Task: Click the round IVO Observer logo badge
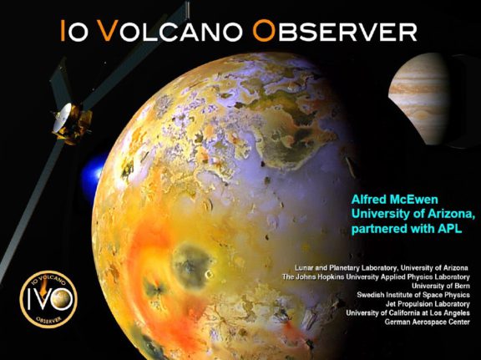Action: (48, 296)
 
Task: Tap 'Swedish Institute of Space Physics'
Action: (413, 294)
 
